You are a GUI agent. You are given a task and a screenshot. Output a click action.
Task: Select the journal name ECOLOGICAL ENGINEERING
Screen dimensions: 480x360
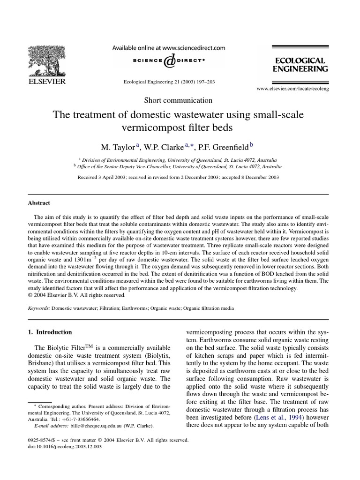point(300,65)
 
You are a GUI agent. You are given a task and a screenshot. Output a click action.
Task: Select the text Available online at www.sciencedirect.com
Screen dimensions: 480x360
point(168,47)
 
